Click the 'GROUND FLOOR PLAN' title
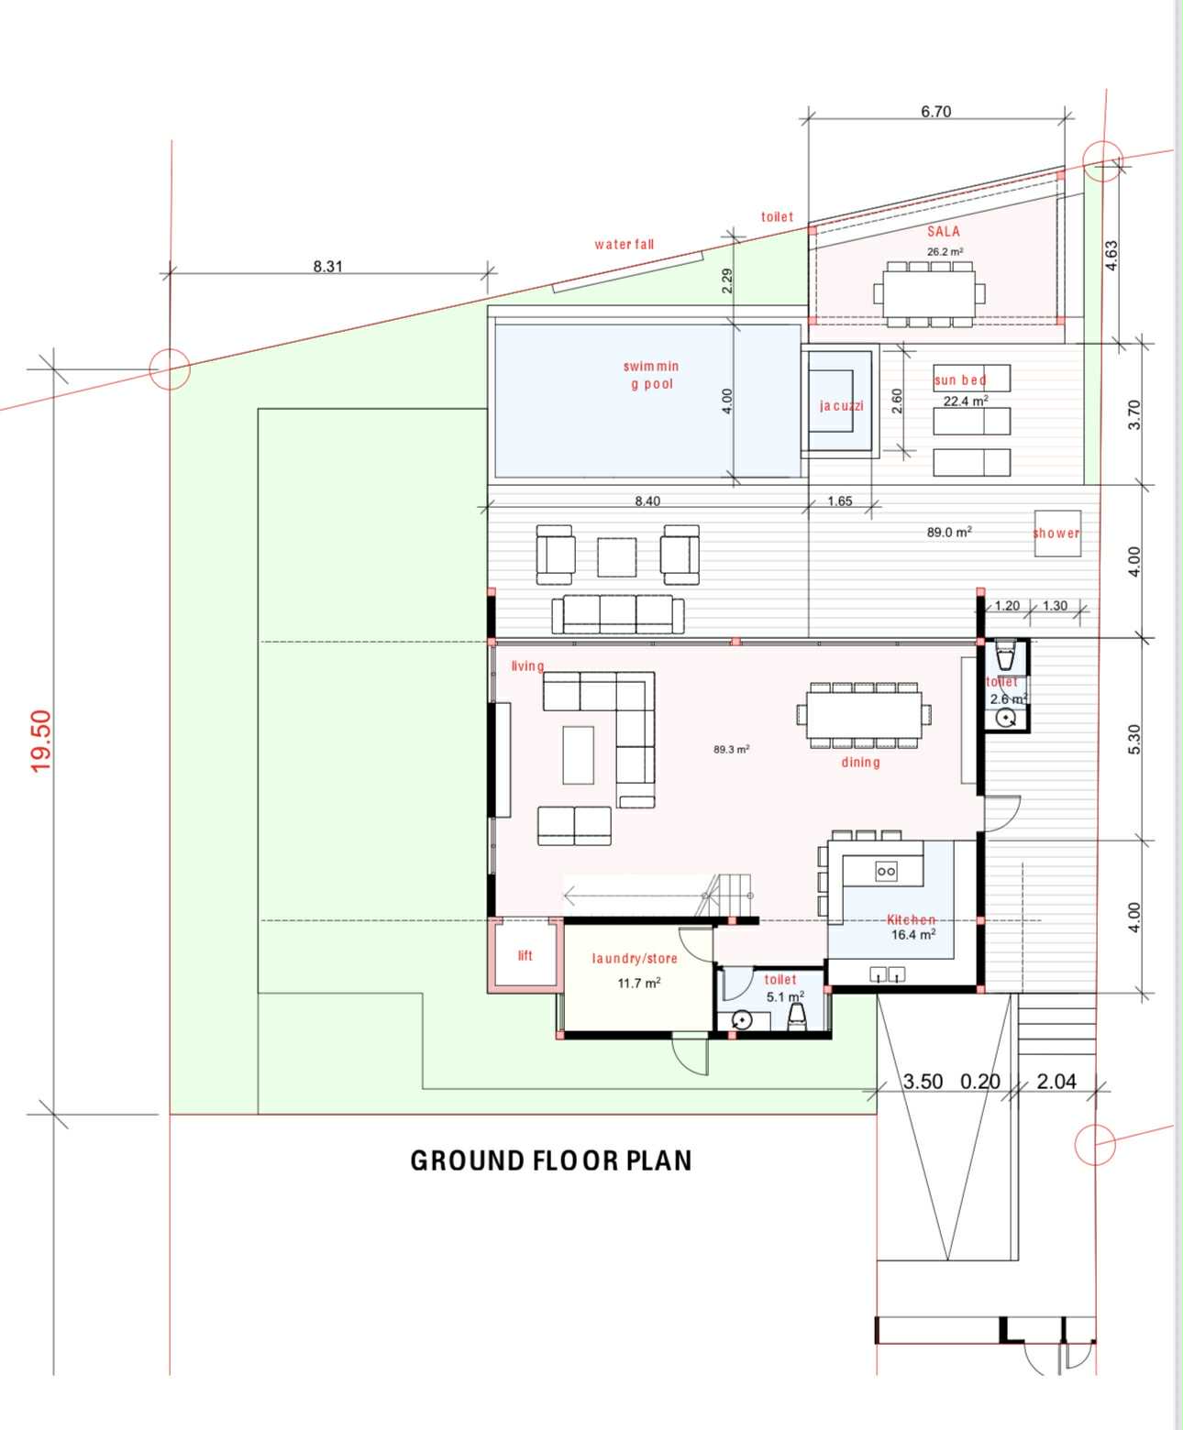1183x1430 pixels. coord(551,1160)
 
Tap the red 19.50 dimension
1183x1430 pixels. coord(41,741)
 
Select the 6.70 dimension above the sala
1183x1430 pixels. coord(935,111)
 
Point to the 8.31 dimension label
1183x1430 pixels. coord(327,266)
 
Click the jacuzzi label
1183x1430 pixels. coord(842,405)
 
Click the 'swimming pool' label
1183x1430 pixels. coord(651,375)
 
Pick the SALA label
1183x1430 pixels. coord(943,232)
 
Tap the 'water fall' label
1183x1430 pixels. coord(624,244)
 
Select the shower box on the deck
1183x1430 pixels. coord(1057,533)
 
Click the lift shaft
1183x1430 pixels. coord(525,954)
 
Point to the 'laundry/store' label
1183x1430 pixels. coord(635,958)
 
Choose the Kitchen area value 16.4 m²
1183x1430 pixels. coord(913,934)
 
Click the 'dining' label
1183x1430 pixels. coord(861,763)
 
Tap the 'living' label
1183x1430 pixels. coord(527,665)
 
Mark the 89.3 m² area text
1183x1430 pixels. coord(731,749)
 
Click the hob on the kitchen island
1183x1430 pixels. coord(886,871)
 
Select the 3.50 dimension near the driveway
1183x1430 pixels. coord(923,1082)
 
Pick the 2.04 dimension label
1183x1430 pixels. coord(1056,1082)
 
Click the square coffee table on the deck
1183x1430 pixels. coord(617,556)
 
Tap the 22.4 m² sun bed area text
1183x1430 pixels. coord(966,401)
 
